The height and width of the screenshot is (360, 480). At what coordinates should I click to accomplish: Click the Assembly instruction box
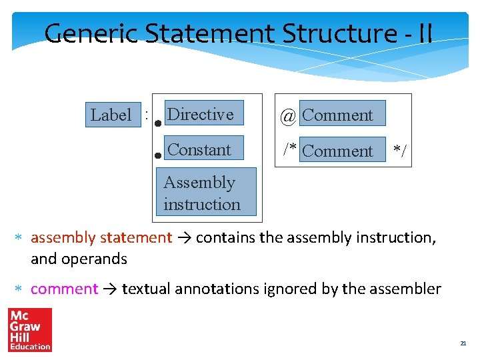206,193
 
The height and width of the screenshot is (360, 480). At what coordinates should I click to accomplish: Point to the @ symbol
288,116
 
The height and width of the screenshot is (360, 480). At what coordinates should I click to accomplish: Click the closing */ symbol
400,152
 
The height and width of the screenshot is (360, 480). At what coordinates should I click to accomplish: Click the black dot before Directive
158,123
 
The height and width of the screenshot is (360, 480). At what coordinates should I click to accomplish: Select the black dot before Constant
158,155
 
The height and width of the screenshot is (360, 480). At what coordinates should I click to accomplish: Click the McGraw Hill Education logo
29,329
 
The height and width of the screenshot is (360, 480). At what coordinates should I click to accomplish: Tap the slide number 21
463,343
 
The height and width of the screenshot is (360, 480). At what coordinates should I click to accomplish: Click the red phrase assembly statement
101,237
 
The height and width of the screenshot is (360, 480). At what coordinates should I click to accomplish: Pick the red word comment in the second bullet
64,289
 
